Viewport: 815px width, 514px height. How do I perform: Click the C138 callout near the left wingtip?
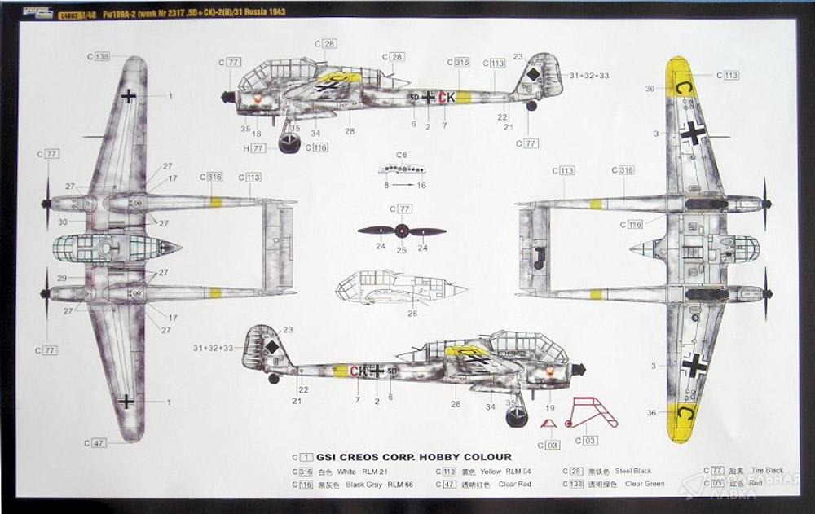click(x=99, y=57)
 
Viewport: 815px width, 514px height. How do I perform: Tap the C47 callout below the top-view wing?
click(x=95, y=443)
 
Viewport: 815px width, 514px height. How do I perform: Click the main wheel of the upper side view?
click(x=289, y=144)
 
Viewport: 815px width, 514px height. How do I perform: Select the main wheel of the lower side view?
click(x=517, y=418)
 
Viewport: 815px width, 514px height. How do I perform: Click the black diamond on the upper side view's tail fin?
click(x=532, y=76)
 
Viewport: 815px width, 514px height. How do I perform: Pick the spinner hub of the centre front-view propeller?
click(x=402, y=231)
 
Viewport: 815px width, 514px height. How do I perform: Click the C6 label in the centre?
click(x=401, y=155)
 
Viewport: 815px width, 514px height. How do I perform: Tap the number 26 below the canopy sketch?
click(x=412, y=314)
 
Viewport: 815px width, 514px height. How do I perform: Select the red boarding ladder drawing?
click(x=593, y=413)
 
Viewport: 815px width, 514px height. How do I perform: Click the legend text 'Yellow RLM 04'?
click(x=496, y=471)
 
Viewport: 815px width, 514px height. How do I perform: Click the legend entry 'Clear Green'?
click(x=644, y=484)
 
